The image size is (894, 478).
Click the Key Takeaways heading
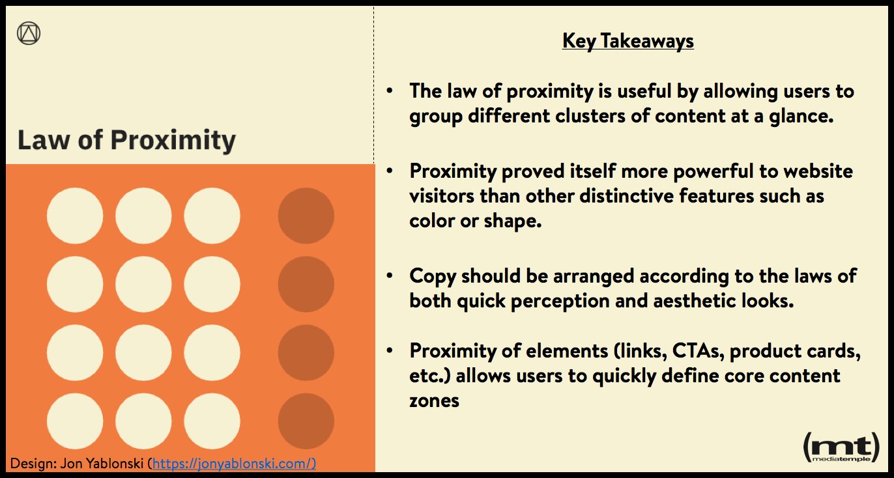[x=628, y=40]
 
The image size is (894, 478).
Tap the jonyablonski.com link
[x=235, y=464]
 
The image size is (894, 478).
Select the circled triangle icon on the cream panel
[x=28, y=33]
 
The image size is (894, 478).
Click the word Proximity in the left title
[x=173, y=141]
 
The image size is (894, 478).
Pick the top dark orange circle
[x=306, y=216]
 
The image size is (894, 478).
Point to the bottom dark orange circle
[x=306, y=421]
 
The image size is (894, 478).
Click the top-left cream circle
[x=75, y=216]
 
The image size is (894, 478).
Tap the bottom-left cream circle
[x=75, y=421]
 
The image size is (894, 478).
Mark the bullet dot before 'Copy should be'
[x=390, y=276]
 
